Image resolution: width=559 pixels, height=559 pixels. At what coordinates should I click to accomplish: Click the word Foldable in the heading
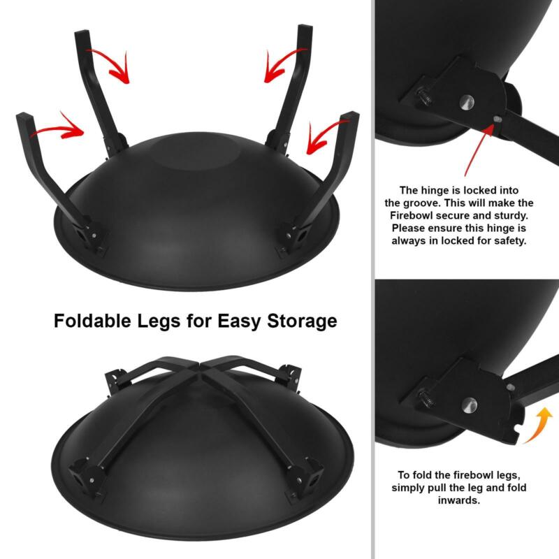tap(93, 321)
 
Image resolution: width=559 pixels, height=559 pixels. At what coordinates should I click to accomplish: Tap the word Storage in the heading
tap(302, 321)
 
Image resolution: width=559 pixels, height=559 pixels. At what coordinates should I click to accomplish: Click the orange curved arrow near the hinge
tap(539, 425)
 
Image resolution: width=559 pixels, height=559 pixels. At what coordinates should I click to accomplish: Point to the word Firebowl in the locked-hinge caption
tap(411, 215)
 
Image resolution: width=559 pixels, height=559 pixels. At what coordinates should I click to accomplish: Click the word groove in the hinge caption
tap(422, 203)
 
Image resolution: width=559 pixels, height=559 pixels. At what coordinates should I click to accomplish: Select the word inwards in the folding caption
tap(459, 500)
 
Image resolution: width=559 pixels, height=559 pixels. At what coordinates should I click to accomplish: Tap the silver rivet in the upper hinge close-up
tap(466, 102)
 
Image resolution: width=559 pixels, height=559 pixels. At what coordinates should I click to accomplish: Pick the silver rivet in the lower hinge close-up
tap(469, 405)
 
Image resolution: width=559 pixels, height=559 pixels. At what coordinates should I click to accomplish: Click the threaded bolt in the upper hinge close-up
tap(425, 96)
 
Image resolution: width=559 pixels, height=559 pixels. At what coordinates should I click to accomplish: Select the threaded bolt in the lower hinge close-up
tap(427, 399)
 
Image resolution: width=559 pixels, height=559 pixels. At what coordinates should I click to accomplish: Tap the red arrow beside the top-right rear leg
tap(284, 64)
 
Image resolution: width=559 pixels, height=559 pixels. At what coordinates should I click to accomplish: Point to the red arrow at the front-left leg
tap(59, 128)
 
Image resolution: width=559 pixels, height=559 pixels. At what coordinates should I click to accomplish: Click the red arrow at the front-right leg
tap(326, 137)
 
